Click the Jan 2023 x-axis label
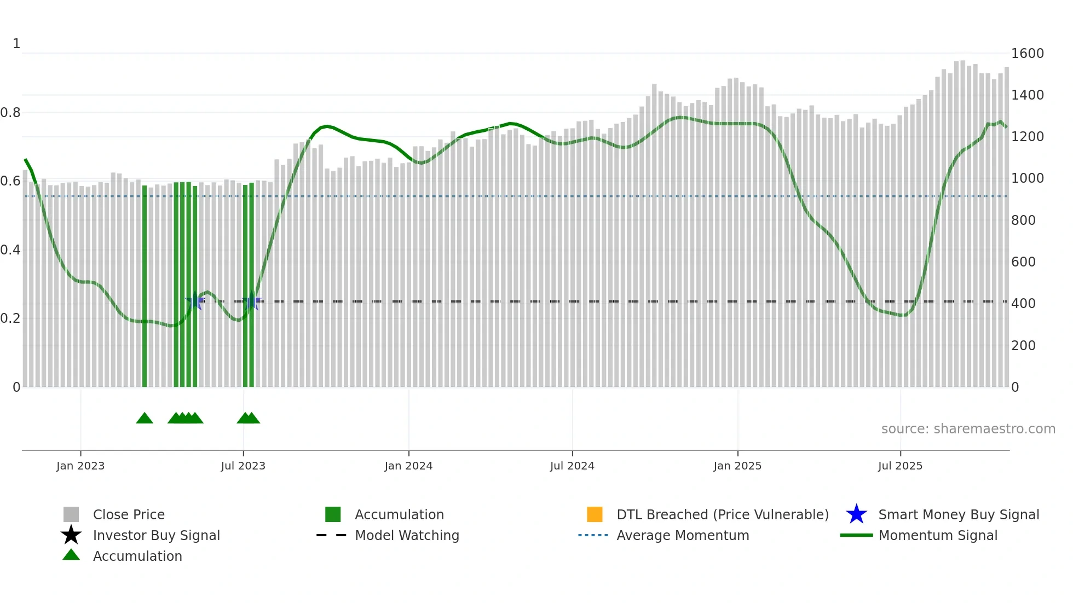click(80, 466)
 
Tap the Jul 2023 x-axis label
click(243, 466)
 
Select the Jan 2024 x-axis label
click(408, 466)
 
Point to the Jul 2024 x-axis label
click(572, 466)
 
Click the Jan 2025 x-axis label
click(737, 466)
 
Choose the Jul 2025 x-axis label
click(900, 466)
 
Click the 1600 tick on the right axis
click(1027, 54)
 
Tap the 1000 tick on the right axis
click(1027, 178)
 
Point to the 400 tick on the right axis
click(1023, 304)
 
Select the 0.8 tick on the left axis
click(10, 113)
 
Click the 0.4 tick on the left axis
click(10, 250)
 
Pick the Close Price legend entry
click(129, 514)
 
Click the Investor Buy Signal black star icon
click(71, 535)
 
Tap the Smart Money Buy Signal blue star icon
click(856, 514)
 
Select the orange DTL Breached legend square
click(595, 514)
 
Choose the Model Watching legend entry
click(407, 535)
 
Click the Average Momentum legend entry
click(683, 535)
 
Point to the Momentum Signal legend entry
click(938, 535)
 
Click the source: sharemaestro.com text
click(968, 429)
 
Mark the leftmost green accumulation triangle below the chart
click(145, 419)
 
